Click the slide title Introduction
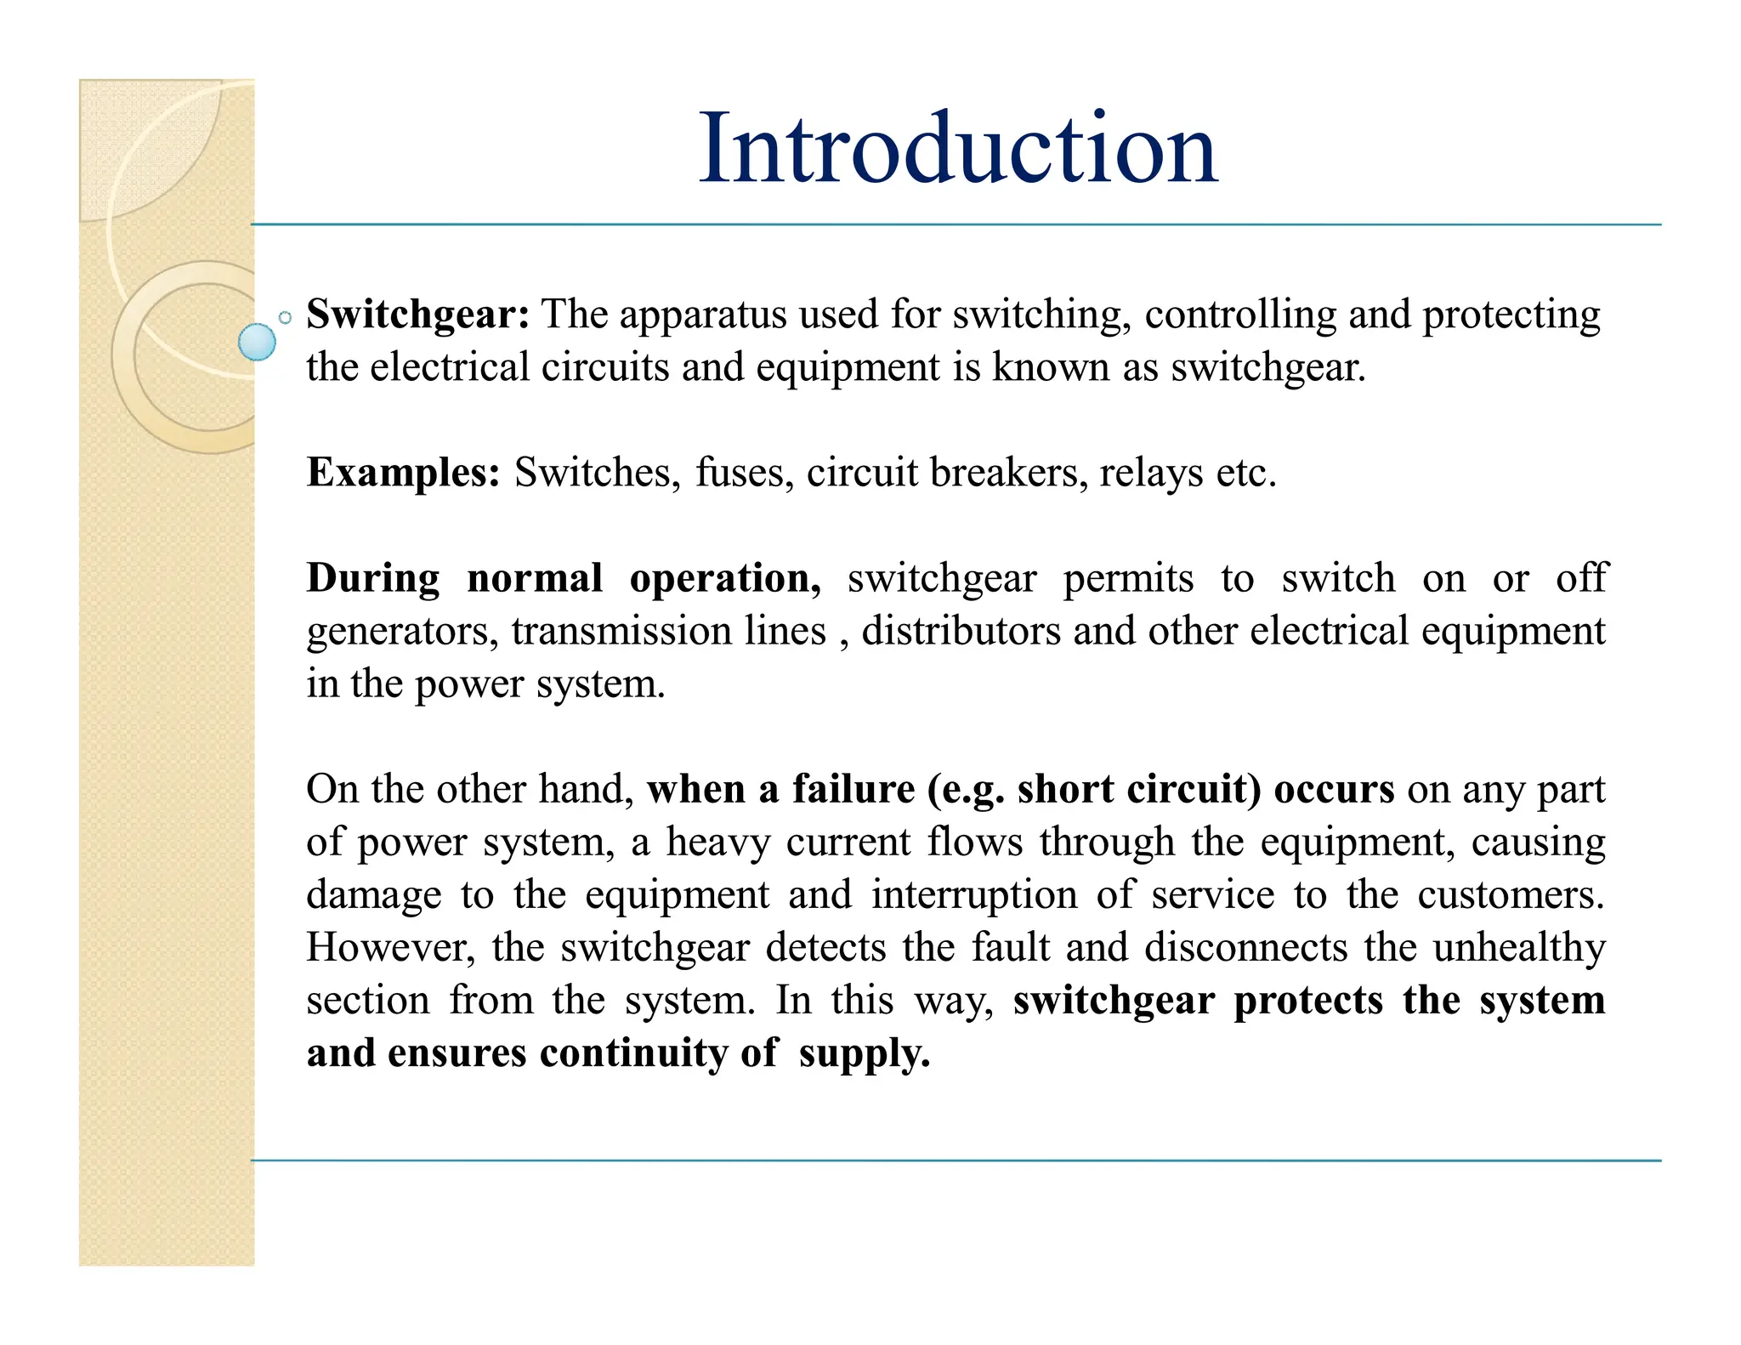point(958,149)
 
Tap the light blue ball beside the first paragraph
point(257,342)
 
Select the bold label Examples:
point(404,473)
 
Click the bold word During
point(373,578)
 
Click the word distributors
point(961,631)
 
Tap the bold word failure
point(853,789)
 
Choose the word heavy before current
point(717,843)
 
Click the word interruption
point(974,894)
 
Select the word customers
point(1511,894)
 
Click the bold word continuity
point(634,1053)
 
